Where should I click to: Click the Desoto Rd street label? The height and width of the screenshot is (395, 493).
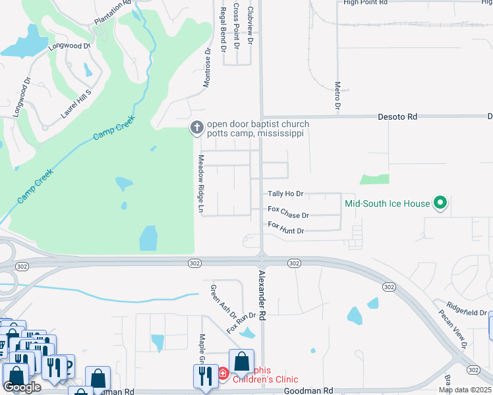click(x=397, y=117)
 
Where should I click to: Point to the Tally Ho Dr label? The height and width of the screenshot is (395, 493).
click(x=285, y=194)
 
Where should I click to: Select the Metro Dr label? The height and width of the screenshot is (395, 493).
click(x=337, y=95)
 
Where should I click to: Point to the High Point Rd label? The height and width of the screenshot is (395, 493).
click(x=364, y=3)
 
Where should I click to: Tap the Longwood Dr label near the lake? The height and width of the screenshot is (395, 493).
click(x=69, y=46)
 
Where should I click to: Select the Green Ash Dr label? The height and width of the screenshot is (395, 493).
click(x=216, y=300)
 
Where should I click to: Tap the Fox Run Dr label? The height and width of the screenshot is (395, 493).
click(x=241, y=321)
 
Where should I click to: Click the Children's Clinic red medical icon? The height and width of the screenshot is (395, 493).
click(x=223, y=374)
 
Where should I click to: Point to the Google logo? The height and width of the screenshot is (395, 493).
click(x=21, y=387)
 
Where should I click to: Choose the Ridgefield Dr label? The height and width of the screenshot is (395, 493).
click(x=466, y=308)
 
